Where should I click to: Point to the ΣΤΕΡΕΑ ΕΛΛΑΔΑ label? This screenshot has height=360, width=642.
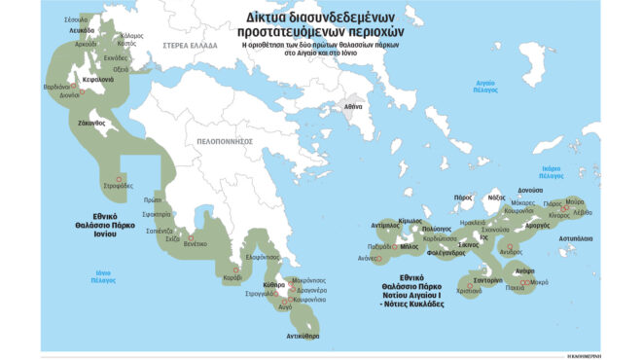pos(177,44)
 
